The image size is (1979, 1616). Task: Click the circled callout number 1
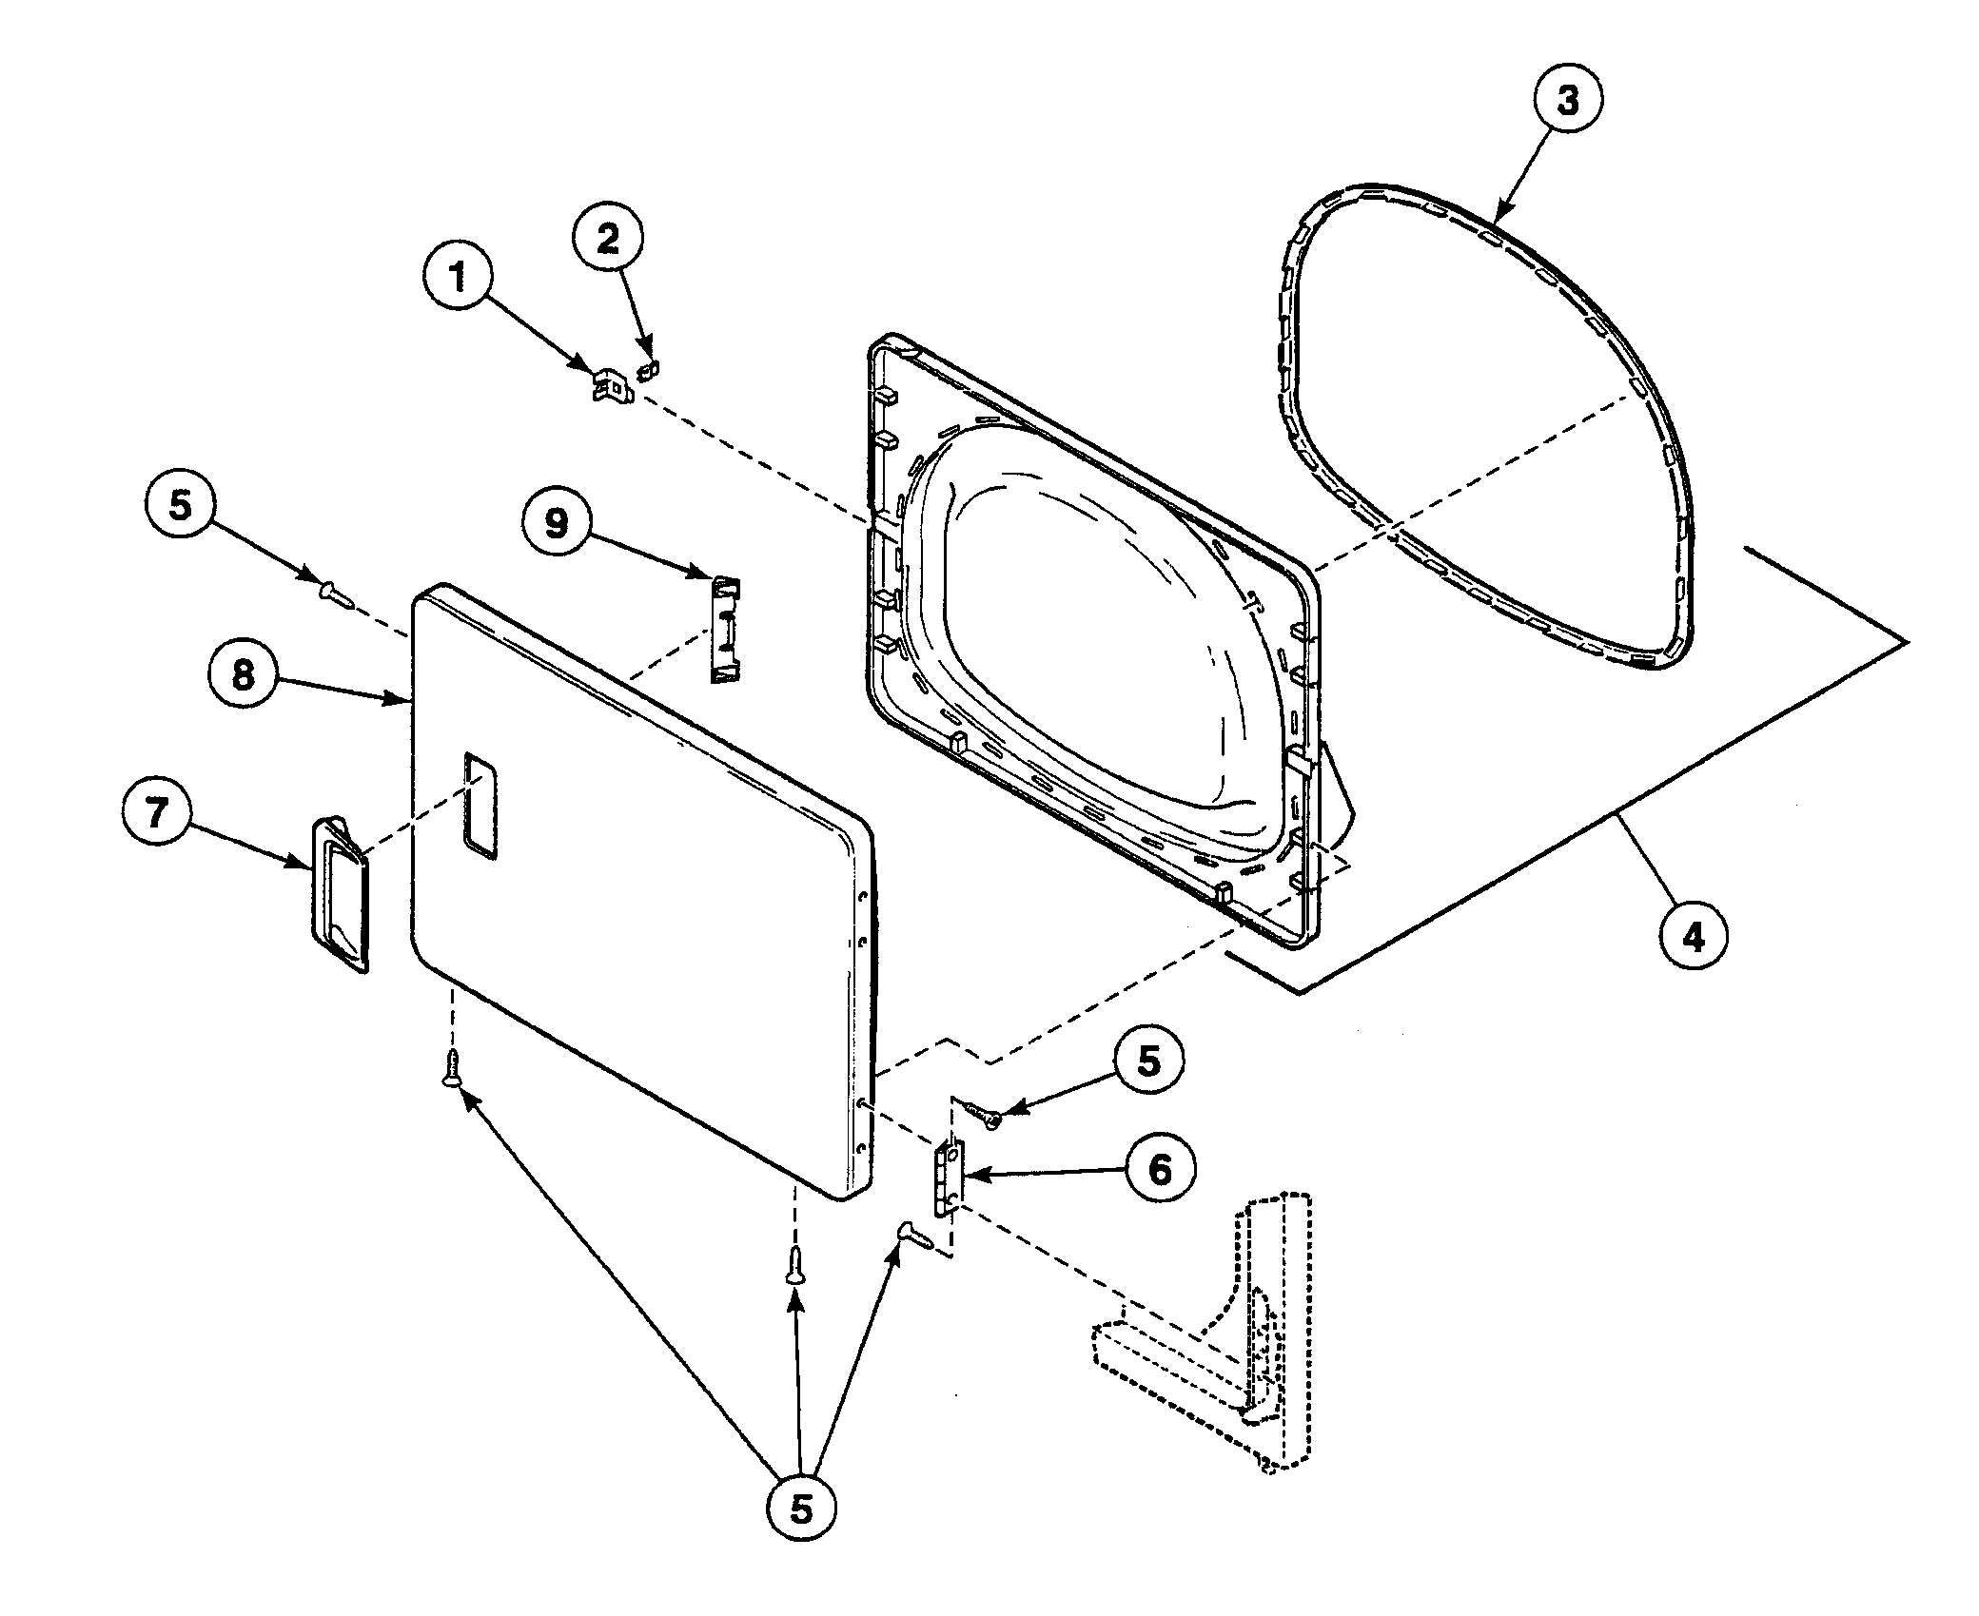(x=459, y=277)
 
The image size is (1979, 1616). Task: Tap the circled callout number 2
(x=607, y=239)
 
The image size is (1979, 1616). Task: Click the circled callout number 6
(x=1161, y=1170)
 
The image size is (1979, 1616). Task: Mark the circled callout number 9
(x=557, y=523)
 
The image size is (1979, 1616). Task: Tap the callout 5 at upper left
(x=181, y=505)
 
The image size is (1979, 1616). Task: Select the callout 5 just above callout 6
(x=1149, y=1061)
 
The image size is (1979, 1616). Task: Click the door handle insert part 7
(x=339, y=894)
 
